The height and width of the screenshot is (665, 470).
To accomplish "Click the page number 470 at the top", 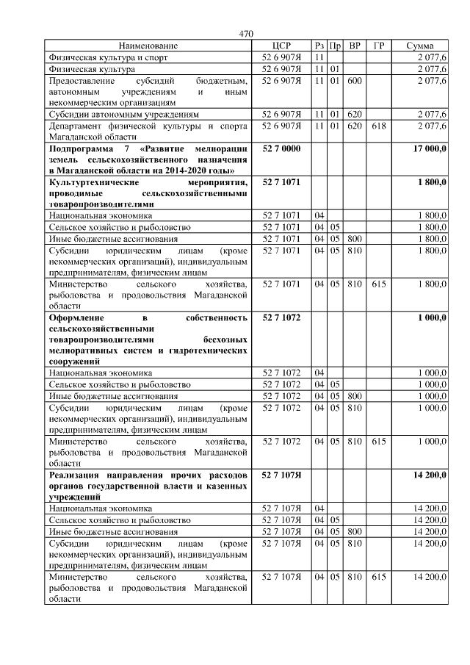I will [x=246, y=34].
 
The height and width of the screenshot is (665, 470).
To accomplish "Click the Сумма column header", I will [x=419, y=46].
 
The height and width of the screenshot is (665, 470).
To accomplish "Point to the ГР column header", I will [x=378, y=46].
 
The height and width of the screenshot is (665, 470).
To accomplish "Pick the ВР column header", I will [x=355, y=46].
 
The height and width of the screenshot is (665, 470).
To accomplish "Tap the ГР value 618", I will [x=378, y=126].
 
